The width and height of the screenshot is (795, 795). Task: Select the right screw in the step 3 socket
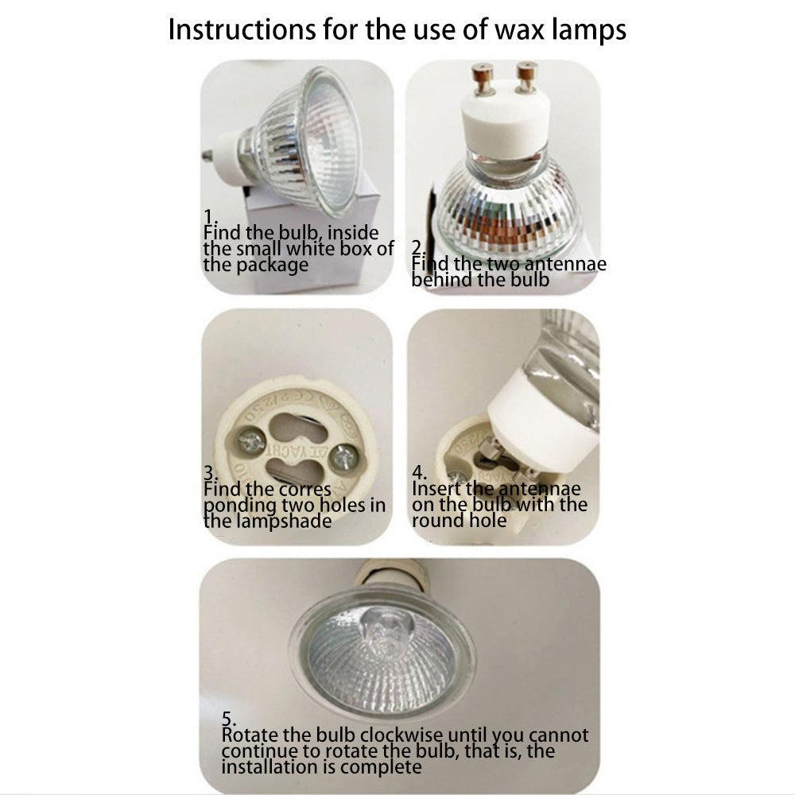click(x=343, y=454)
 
